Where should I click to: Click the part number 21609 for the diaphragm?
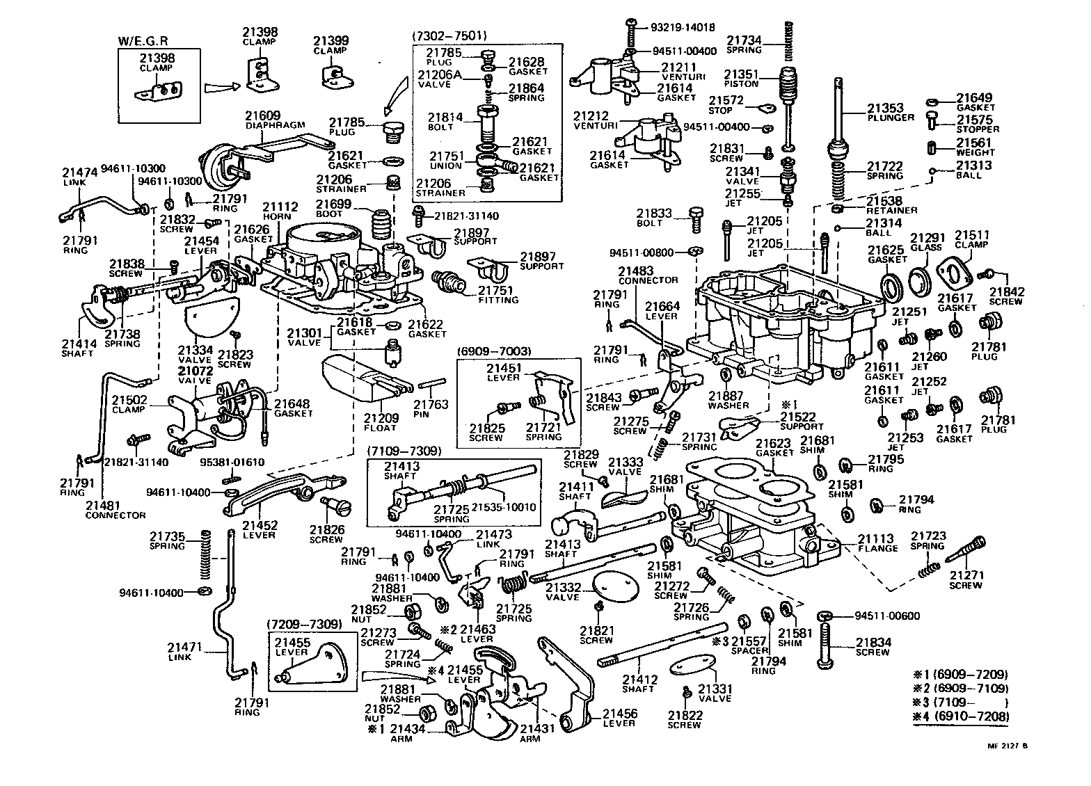[x=262, y=115]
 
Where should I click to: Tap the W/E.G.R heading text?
[x=138, y=42]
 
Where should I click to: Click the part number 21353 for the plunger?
[x=885, y=108]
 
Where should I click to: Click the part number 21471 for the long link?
[x=184, y=647]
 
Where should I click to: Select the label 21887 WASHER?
[x=728, y=400]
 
